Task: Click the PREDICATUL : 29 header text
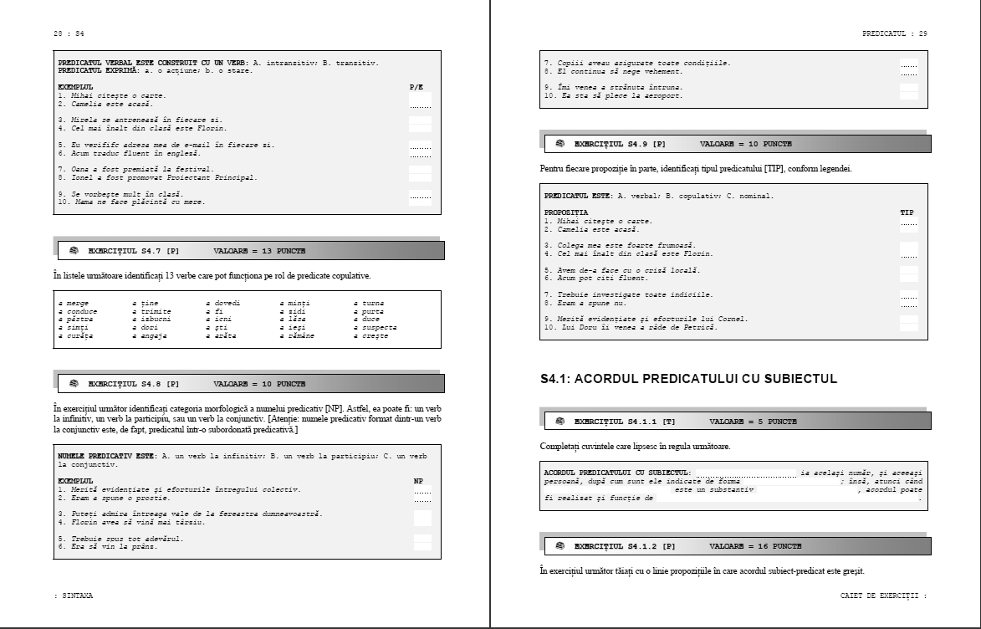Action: pos(894,33)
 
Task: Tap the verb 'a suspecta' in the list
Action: pos(375,327)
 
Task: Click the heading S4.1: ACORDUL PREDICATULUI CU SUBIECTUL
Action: pos(689,380)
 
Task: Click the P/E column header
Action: pos(416,87)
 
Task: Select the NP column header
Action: pos(419,481)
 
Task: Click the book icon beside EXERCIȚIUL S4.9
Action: pos(559,144)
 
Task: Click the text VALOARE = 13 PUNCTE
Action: pos(259,251)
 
